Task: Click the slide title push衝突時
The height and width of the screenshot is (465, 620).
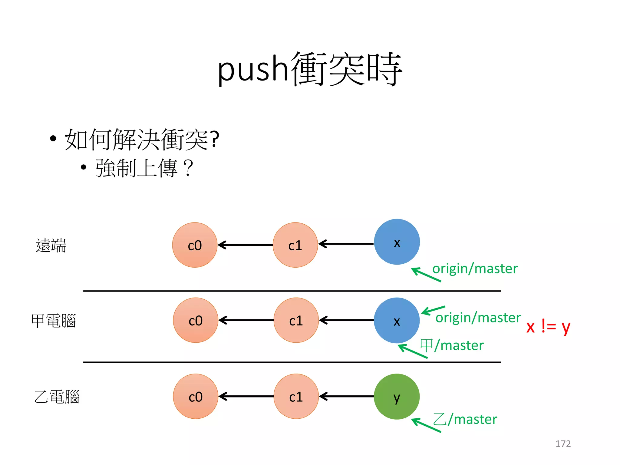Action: [x=310, y=69]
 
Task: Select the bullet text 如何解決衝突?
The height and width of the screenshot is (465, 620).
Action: [x=142, y=140]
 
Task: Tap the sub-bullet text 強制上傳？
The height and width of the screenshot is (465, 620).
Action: [x=144, y=168]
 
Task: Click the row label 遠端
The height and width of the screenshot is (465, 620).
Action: [x=51, y=245]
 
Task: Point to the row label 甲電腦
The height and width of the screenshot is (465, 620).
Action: [x=54, y=321]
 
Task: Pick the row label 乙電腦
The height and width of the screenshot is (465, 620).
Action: [x=57, y=397]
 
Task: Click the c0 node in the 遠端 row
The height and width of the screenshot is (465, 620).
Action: [x=195, y=245]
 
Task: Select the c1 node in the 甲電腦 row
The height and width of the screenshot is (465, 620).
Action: [x=296, y=320]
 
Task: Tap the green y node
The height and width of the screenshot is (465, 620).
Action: [x=397, y=396]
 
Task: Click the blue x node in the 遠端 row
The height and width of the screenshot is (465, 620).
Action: [x=397, y=242]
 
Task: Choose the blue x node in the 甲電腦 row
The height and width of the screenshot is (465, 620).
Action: [x=397, y=320]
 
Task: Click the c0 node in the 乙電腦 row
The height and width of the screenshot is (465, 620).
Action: [x=195, y=396]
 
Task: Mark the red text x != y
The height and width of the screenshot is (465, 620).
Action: [x=548, y=327]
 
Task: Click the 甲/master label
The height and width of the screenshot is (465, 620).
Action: [x=452, y=345]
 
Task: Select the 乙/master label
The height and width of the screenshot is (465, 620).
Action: [x=465, y=419]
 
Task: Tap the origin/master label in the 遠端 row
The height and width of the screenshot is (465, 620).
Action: [x=475, y=269]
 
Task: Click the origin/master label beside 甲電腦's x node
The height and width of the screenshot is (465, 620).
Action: [x=478, y=318]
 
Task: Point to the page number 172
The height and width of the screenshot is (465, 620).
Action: [x=563, y=444]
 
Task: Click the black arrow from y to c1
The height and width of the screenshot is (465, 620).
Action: [x=346, y=396]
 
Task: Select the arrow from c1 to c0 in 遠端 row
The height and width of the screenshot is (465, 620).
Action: [x=245, y=245]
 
